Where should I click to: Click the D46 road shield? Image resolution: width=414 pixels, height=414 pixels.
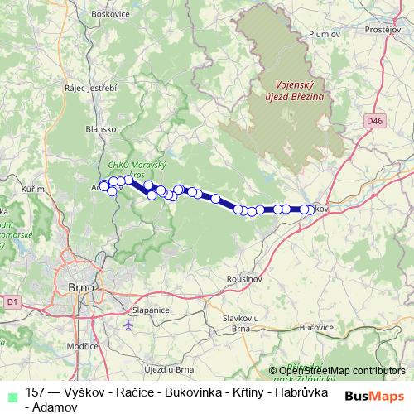376,121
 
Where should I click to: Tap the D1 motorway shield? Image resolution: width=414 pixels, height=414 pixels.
12,302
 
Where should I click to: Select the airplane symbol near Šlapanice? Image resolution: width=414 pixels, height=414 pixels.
128,324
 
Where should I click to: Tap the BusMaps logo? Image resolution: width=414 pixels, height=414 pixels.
374,396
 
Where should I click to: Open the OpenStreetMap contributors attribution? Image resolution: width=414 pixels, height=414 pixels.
341,370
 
